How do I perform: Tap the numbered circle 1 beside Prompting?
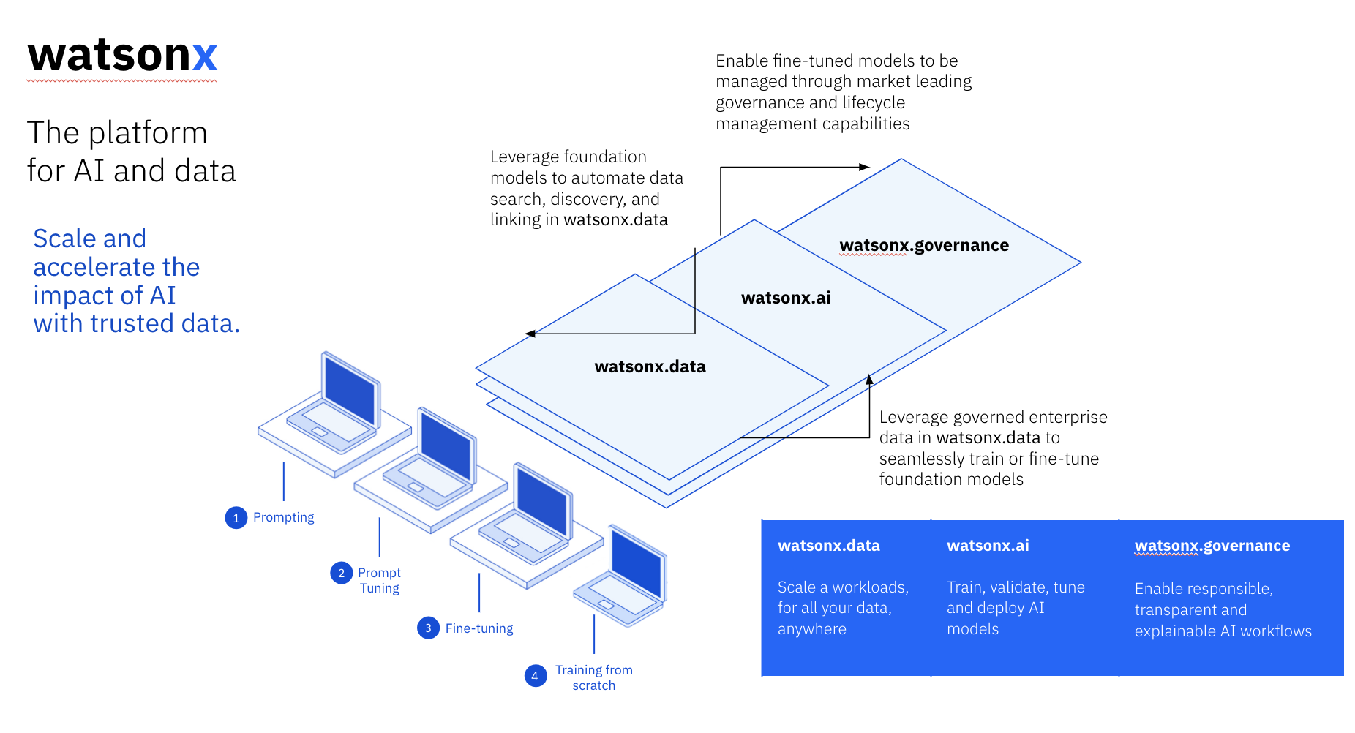pyautogui.click(x=236, y=518)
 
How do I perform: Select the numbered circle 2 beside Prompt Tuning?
pyautogui.click(x=341, y=573)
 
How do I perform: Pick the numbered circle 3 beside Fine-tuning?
pyautogui.click(x=428, y=628)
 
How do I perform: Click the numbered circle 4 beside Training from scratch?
pyautogui.click(x=535, y=676)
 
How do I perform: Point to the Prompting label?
pyautogui.click(x=283, y=517)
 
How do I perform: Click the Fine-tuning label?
pyautogui.click(x=479, y=628)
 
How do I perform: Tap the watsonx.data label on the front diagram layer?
pyautogui.click(x=650, y=366)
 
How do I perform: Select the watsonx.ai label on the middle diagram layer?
pyautogui.click(x=786, y=298)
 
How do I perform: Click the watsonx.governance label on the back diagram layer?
pyautogui.click(x=923, y=245)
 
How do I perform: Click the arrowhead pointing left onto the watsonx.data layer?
pyautogui.click(x=530, y=334)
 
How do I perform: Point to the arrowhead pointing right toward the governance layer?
pyautogui.click(x=864, y=167)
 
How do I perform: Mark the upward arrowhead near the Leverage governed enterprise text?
pyautogui.click(x=869, y=380)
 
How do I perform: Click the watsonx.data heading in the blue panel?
pyautogui.click(x=828, y=546)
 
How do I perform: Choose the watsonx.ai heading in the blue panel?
pyautogui.click(x=988, y=546)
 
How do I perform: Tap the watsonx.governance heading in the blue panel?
pyautogui.click(x=1212, y=546)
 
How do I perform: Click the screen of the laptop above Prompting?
pyautogui.click(x=350, y=391)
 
